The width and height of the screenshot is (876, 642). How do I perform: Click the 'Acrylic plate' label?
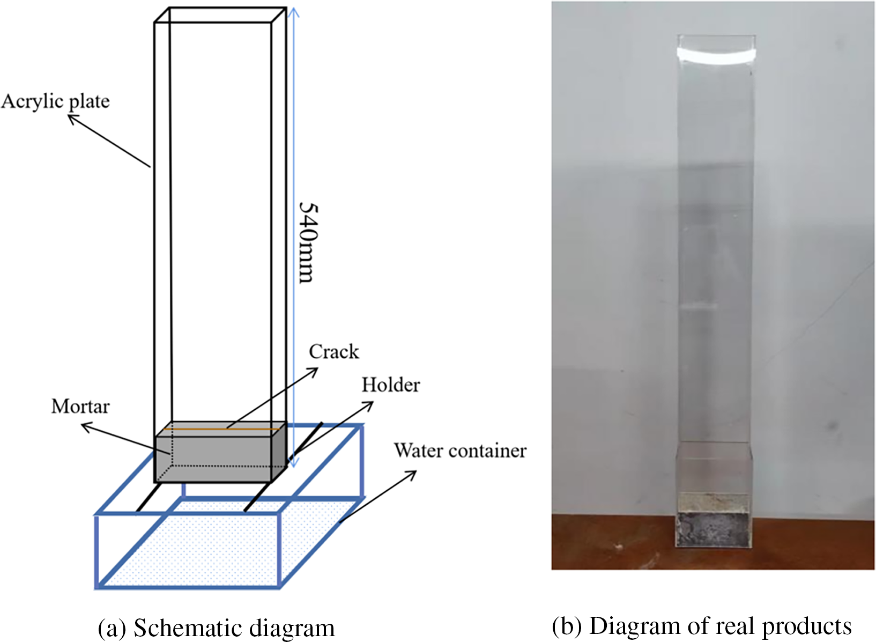55,101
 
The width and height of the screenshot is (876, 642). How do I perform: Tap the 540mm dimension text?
309,242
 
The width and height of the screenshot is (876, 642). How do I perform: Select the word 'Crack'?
333,352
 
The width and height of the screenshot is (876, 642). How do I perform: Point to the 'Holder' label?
390,385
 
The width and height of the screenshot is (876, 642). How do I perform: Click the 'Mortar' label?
80,407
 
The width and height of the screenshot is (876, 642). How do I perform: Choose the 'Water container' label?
460,451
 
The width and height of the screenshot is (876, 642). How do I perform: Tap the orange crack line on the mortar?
225,430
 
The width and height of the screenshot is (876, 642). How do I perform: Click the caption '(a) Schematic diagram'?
216,628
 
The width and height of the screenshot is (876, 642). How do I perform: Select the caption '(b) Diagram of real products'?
702,626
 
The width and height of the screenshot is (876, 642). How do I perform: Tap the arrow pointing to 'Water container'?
378,496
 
